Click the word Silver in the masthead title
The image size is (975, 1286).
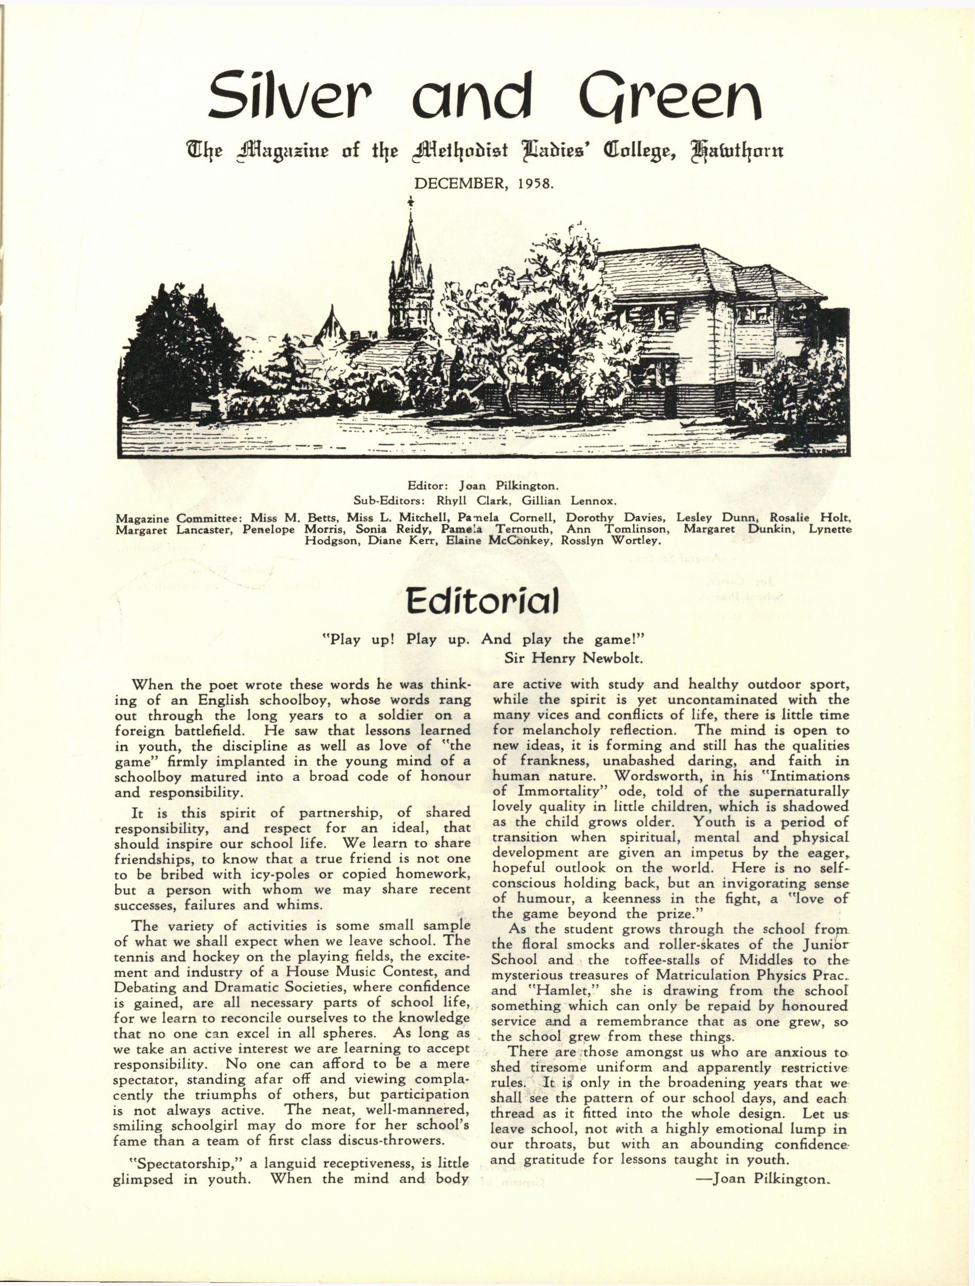(288, 95)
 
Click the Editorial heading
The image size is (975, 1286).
(482, 601)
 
